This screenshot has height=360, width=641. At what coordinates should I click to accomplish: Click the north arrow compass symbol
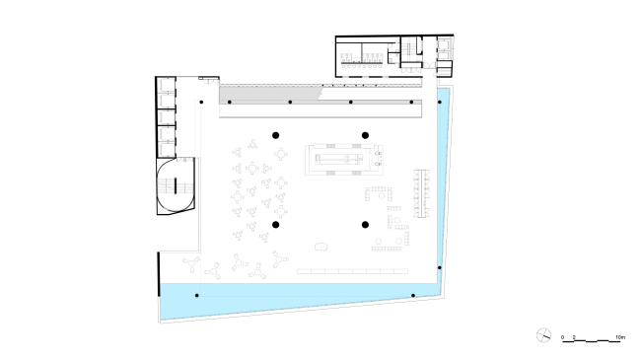coord(542,335)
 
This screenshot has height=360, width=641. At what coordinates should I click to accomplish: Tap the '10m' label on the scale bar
coord(618,337)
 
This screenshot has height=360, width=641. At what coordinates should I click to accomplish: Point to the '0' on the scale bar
coord(563,337)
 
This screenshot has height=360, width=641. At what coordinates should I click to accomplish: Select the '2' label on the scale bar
coord(573,337)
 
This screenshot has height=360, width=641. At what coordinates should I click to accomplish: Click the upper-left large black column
coord(276,134)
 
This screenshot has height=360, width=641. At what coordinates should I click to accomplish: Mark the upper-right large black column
coord(365,134)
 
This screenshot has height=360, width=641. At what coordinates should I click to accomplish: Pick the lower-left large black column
coord(276,225)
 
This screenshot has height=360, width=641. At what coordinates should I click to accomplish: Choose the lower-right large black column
coord(365,225)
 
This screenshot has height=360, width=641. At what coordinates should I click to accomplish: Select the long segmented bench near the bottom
coord(352,269)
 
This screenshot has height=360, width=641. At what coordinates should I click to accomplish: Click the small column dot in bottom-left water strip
coord(196,296)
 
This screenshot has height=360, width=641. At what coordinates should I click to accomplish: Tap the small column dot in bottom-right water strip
coord(413,296)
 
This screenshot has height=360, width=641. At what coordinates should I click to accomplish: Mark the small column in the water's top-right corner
coord(440,102)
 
